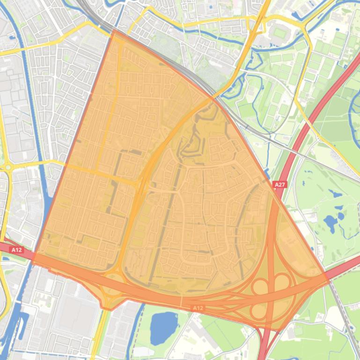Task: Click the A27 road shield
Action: click(x=279, y=185)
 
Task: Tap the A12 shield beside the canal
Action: click(x=16, y=250)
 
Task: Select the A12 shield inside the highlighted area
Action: click(x=198, y=308)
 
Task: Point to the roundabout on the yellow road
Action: click(x=7, y=167)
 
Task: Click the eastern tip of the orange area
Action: click(x=328, y=276)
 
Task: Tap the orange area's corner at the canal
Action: click(x=35, y=255)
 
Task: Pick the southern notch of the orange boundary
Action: click(x=109, y=310)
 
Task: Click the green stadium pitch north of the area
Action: click(x=279, y=33)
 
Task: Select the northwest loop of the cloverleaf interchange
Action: click(x=260, y=286)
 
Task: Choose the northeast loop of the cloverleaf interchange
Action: click(x=282, y=282)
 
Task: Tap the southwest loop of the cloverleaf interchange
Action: click(x=259, y=310)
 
